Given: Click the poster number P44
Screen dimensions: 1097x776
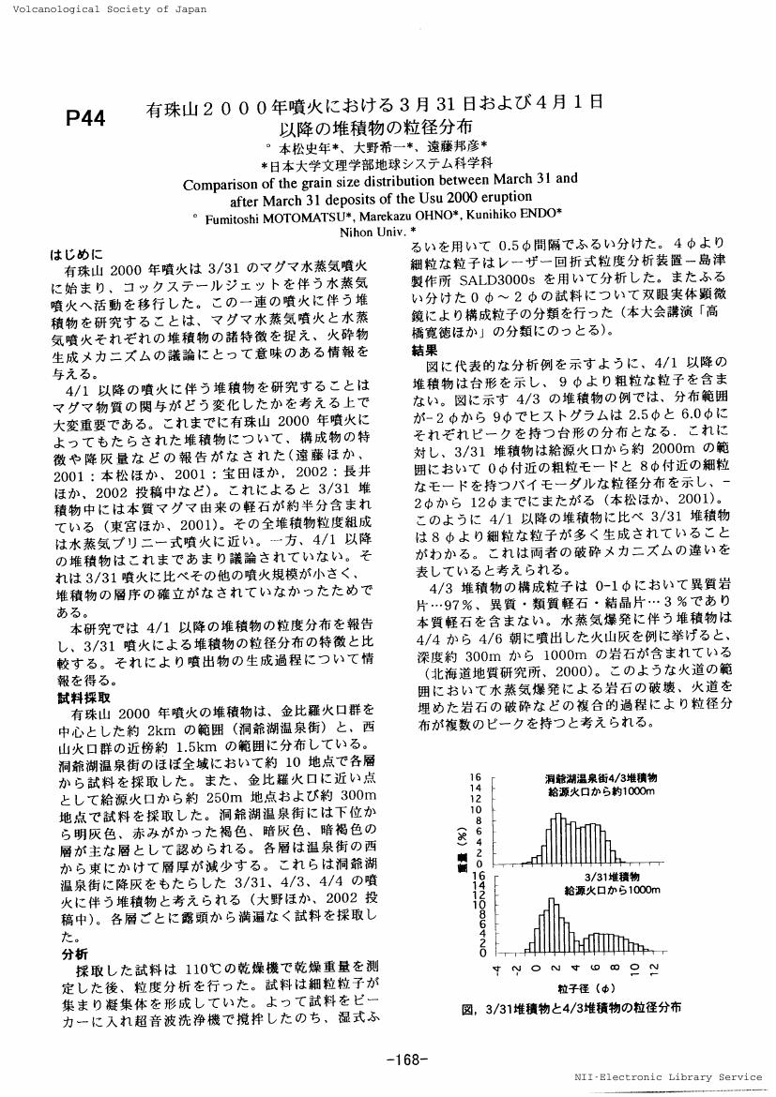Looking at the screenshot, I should [85, 118].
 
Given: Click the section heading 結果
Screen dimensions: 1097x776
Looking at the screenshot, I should [425, 351].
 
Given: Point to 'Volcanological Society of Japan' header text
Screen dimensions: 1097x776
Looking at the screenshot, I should [104, 8].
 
